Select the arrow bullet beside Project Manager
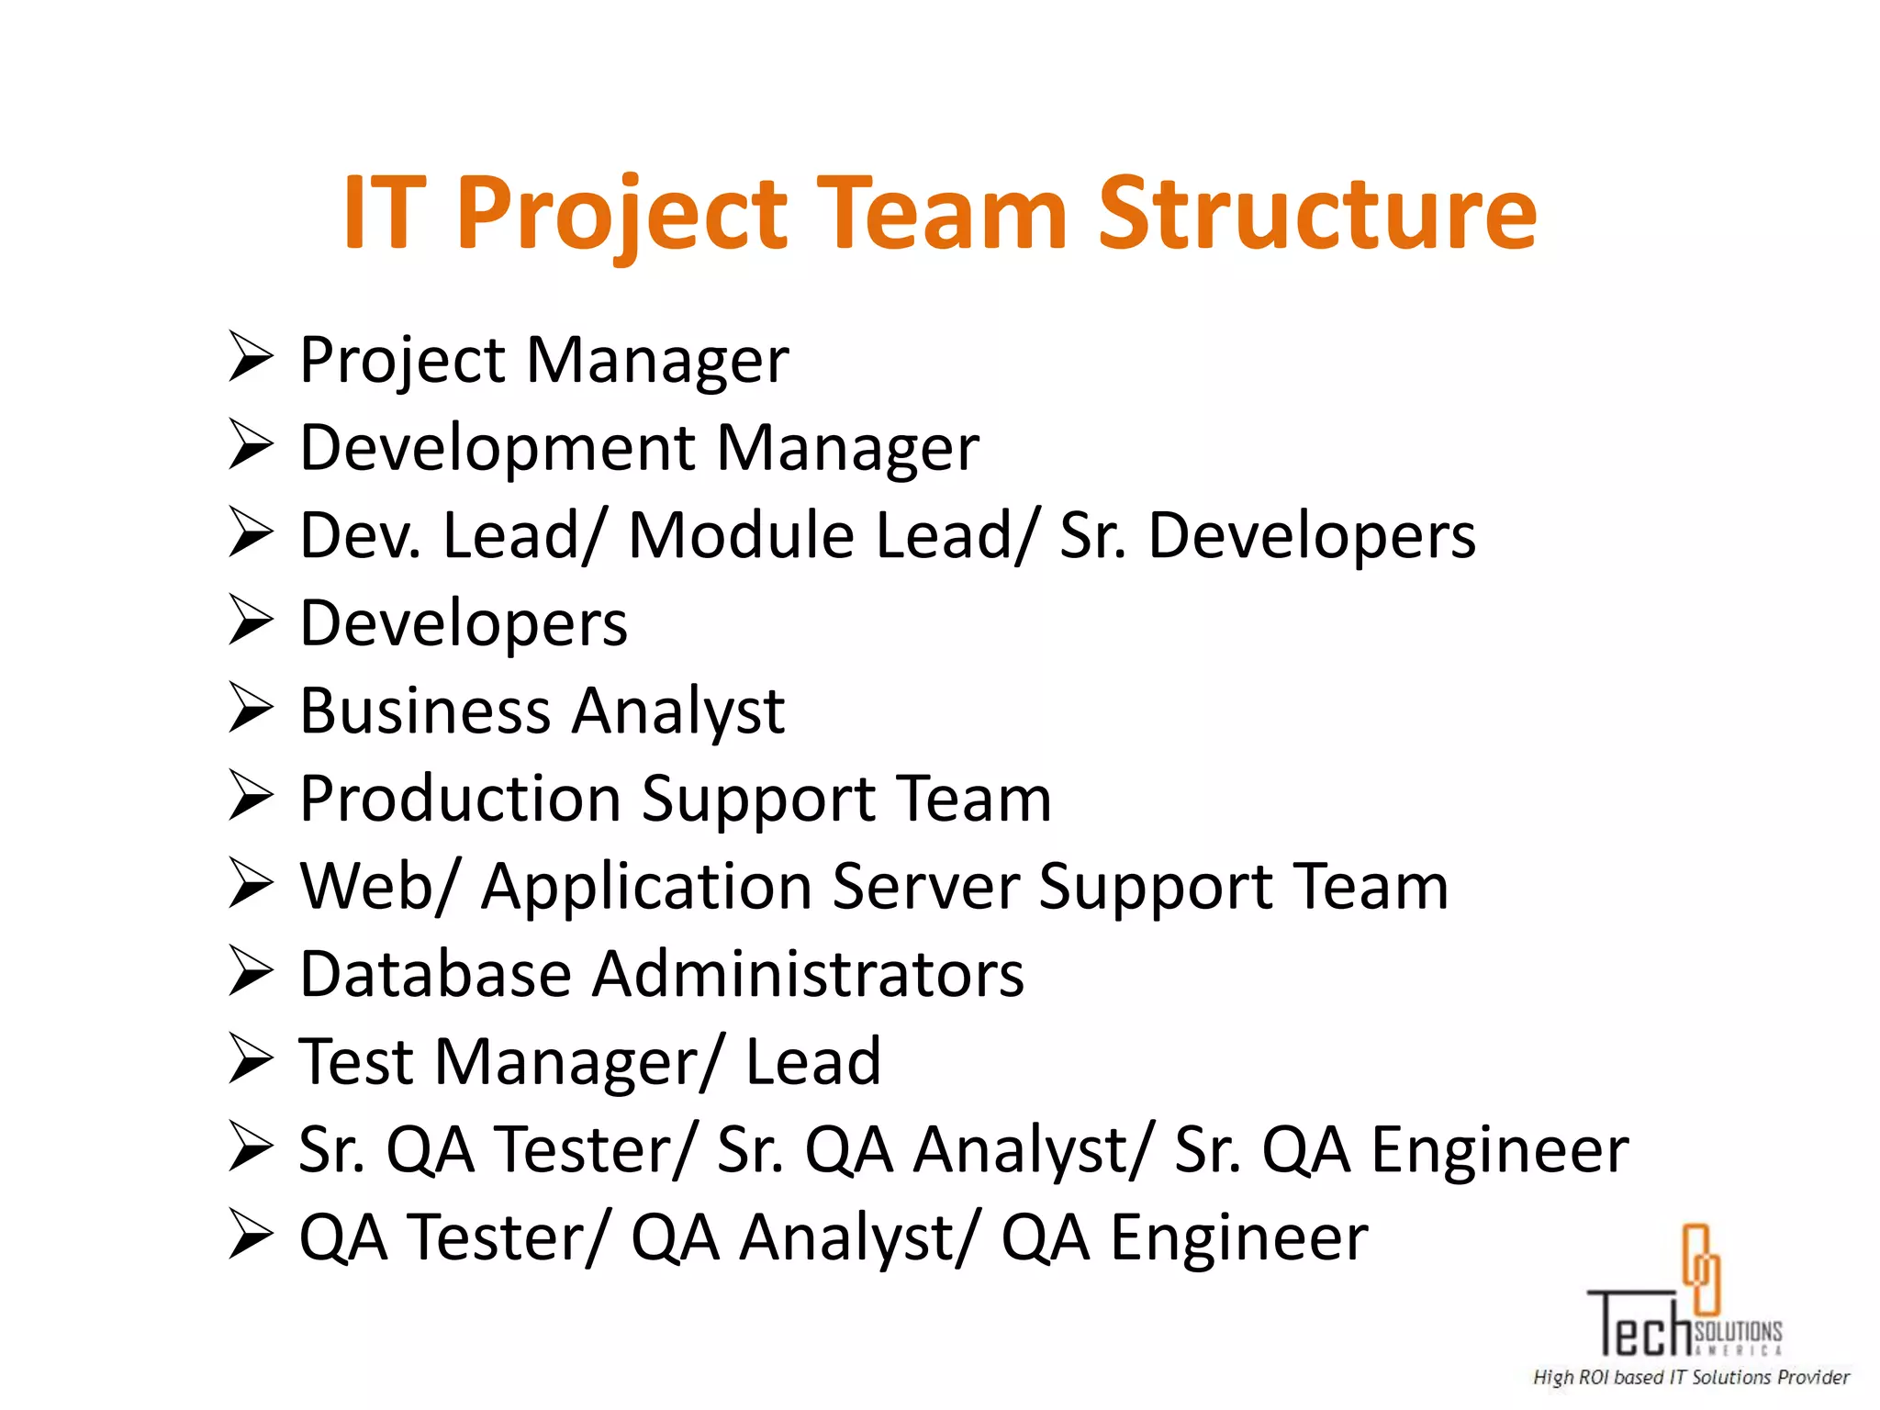(251, 357)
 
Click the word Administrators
(808, 974)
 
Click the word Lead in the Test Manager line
(812, 1062)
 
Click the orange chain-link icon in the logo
(1700, 1269)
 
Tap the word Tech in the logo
(1639, 1326)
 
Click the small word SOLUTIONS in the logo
(1738, 1331)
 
